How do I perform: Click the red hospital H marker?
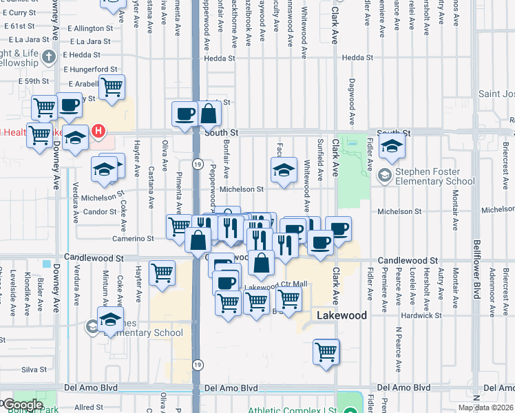tap(98, 130)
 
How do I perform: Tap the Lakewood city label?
tap(342, 315)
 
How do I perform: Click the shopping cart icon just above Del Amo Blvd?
tap(326, 352)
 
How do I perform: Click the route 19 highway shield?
tap(197, 165)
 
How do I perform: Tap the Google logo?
tap(23, 405)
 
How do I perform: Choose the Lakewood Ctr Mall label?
tap(275, 284)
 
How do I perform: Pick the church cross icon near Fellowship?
tap(49, 56)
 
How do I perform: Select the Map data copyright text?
tap(485, 407)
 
